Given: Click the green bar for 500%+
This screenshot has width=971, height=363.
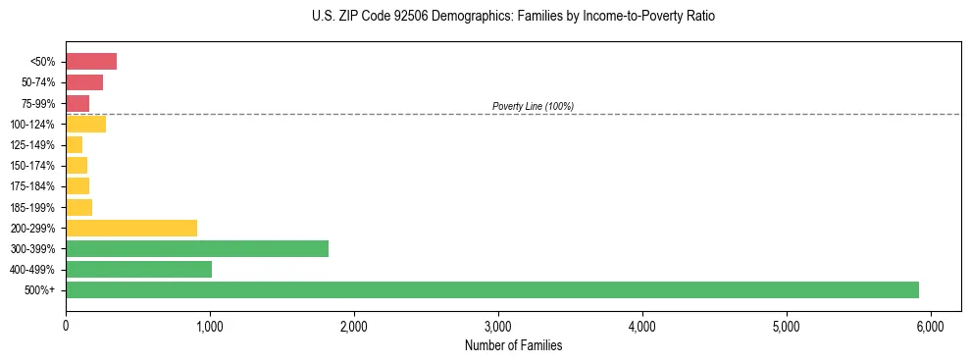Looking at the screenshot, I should click(x=491, y=289).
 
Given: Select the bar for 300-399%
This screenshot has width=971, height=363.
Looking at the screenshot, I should click(x=197, y=248).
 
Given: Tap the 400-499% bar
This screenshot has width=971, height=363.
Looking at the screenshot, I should click(x=138, y=269).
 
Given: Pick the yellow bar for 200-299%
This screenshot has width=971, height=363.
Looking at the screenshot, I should click(x=131, y=228).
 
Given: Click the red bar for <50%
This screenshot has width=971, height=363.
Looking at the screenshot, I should click(x=91, y=62).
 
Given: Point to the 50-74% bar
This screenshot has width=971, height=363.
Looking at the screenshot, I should click(x=84, y=82).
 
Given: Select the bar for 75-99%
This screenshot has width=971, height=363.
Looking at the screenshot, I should click(x=77, y=103).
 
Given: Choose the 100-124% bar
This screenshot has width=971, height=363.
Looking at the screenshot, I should click(x=85, y=124).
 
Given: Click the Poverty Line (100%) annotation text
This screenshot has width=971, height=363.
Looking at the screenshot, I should click(x=533, y=106).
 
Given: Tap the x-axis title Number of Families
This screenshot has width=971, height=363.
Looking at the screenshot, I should click(x=513, y=345).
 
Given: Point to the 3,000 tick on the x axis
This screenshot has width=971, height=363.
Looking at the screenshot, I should click(x=498, y=325).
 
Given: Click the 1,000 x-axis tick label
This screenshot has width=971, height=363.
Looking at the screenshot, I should click(x=210, y=325).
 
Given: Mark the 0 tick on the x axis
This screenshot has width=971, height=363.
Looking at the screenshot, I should click(x=66, y=325).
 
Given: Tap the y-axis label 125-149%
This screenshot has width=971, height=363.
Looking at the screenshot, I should click(x=32, y=145).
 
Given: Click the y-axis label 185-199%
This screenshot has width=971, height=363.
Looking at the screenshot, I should click(x=32, y=207).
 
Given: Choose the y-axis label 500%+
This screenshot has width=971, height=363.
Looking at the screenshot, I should click(x=40, y=290).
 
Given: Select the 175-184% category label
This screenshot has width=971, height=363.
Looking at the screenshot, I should click(x=32, y=186).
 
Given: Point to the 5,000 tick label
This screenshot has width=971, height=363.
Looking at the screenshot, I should click(x=787, y=325).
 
